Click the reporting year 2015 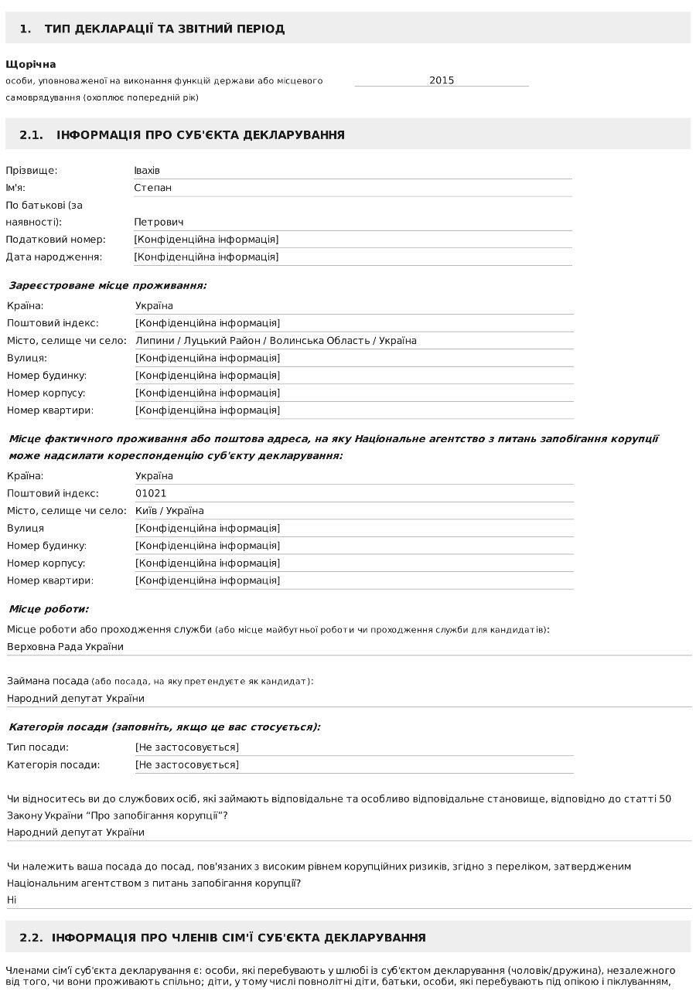tap(442, 80)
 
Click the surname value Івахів tap(147, 170)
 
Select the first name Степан tap(152, 188)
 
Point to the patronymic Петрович tap(159, 223)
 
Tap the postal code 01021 tap(151, 493)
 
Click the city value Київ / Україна tap(169, 511)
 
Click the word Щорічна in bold tap(31, 64)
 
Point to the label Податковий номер tap(56, 240)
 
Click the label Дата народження tap(54, 257)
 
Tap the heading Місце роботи tap(49, 609)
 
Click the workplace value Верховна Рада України tap(65, 647)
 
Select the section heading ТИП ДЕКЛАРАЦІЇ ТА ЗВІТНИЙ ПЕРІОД tap(164, 29)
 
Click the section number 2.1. tap(31, 135)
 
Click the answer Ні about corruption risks tap(12, 900)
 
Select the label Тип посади tap(38, 747)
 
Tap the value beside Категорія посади tap(186, 765)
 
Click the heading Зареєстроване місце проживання tap(107, 286)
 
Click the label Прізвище tap(32, 170)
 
